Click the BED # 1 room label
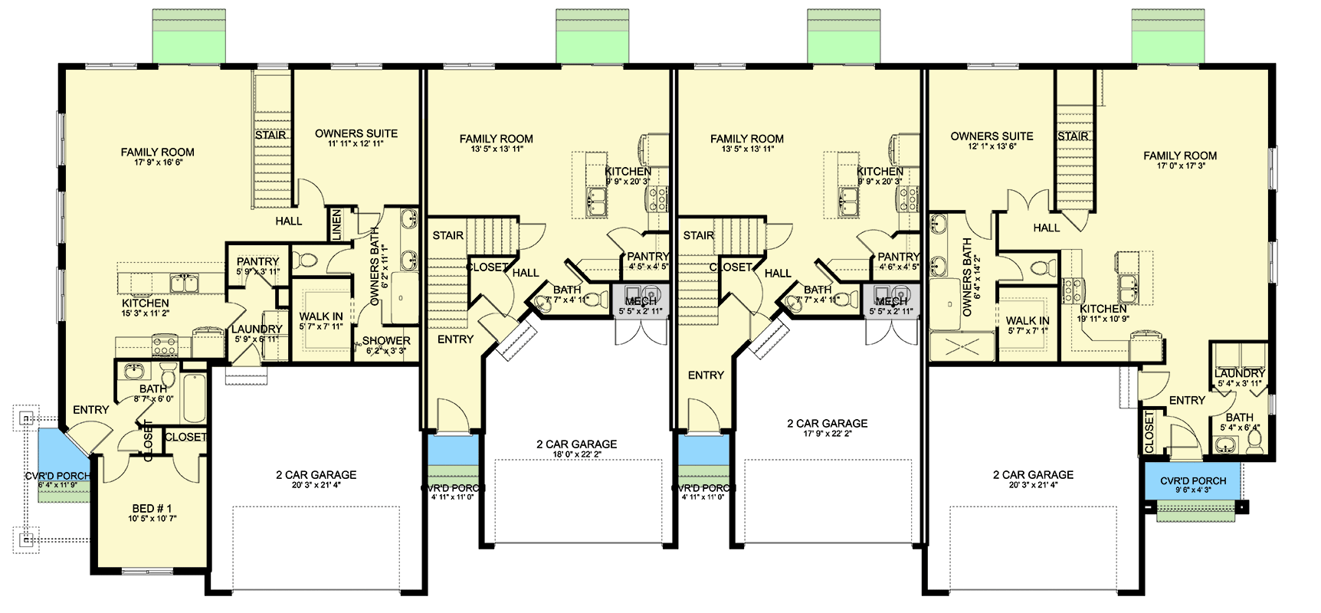point(152,509)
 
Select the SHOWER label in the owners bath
point(386,341)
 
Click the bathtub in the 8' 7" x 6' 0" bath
point(194,398)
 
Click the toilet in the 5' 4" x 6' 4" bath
point(1254,440)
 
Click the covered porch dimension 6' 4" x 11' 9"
point(57,485)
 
